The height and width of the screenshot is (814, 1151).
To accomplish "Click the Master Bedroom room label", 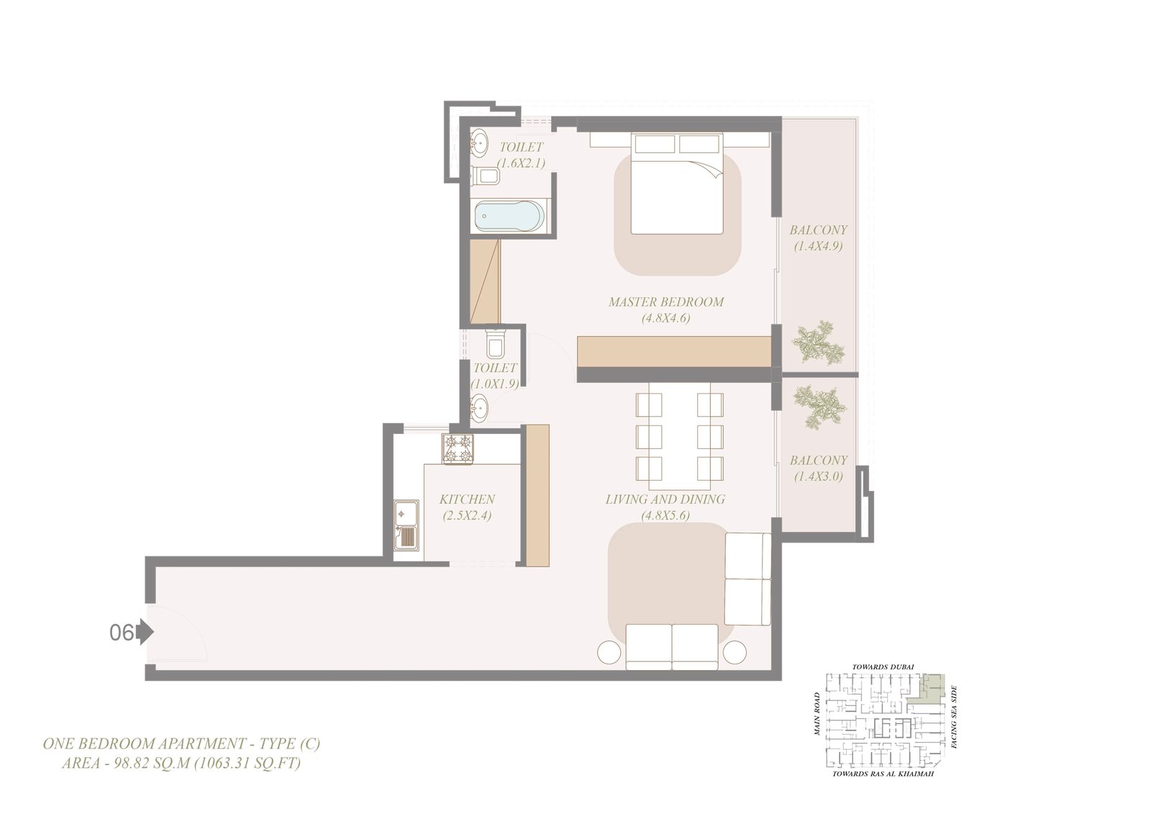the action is click(666, 302).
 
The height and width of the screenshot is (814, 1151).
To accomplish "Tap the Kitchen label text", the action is click(467, 499).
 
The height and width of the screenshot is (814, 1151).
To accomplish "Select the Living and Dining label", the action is click(665, 499).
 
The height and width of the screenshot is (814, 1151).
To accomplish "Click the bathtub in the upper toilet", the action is click(509, 217).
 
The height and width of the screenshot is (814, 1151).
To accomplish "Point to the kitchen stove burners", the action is click(458, 449).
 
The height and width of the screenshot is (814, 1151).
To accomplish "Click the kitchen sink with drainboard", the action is click(406, 525).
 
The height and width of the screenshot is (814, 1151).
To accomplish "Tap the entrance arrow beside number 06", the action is click(145, 632).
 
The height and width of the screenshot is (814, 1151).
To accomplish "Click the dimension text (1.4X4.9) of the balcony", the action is click(818, 246).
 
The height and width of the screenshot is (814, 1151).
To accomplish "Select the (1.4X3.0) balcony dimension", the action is click(818, 476).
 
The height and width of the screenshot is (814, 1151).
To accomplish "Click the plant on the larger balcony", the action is click(819, 343).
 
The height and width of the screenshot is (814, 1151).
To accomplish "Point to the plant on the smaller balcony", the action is click(819, 407).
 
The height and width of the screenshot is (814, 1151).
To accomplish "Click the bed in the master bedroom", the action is click(677, 184).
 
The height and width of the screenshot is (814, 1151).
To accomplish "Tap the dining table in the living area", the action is click(679, 436).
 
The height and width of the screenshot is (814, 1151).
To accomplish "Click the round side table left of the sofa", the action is click(609, 653).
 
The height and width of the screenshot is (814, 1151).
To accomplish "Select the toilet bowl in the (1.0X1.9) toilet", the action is click(496, 342).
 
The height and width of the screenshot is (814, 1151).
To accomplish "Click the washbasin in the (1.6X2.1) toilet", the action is click(479, 141).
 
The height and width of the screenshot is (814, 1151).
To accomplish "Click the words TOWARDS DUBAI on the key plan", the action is click(883, 667).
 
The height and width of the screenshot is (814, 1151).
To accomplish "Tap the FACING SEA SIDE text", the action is click(954, 717).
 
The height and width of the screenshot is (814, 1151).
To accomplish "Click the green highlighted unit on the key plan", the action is click(927, 689).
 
